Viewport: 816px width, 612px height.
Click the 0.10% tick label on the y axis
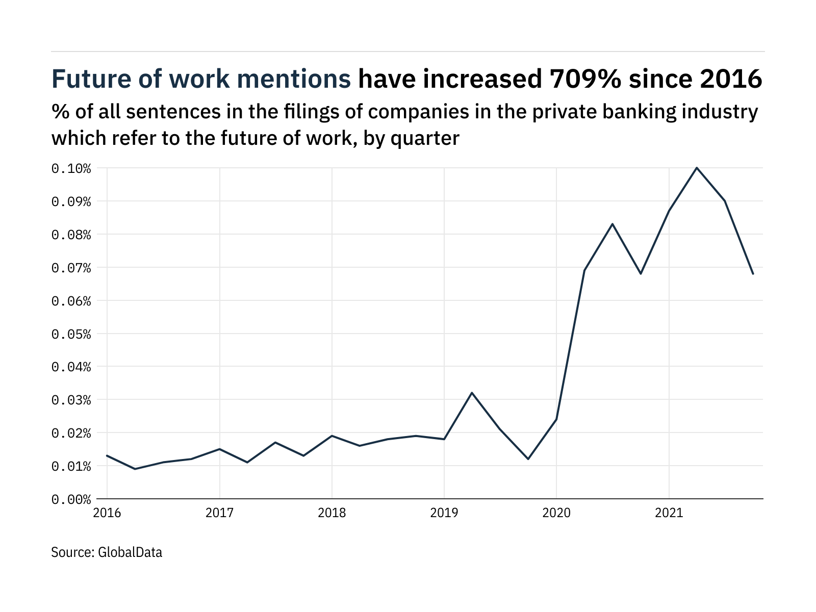click(71, 168)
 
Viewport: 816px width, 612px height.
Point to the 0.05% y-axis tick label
click(71, 334)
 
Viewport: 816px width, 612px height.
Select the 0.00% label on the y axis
click(71, 499)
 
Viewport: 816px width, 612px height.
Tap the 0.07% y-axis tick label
click(71, 268)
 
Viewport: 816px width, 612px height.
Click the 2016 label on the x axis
click(107, 513)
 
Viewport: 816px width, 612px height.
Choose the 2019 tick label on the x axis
click(444, 513)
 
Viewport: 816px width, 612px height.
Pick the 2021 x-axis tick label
click(669, 513)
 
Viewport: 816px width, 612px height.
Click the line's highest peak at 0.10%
click(697, 168)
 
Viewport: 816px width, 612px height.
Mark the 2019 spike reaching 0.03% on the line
click(472, 393)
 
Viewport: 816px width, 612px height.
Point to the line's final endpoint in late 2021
click(753, 274)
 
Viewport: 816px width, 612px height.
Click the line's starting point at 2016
click(107, 455)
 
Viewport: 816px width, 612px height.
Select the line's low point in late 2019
click(528, 459)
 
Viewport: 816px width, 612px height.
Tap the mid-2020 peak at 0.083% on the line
click(613, 224)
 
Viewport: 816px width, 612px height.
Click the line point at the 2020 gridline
click(556, 419)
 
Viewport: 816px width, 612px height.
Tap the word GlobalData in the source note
click(130, 552)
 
